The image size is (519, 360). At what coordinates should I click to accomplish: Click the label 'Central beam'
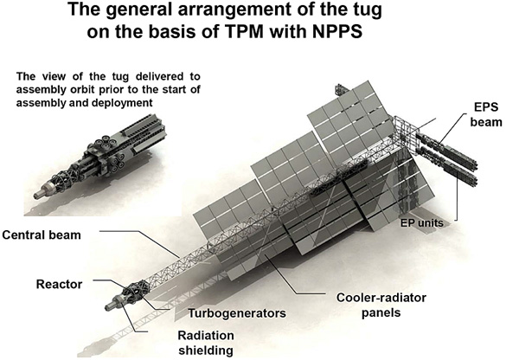click(x=42, y=235)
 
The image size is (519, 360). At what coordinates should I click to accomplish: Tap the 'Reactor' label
click(x=59, y=284)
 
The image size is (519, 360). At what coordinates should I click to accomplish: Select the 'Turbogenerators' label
click(x=237, y=313)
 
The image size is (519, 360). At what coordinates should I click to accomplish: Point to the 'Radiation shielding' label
click(x=206, y=343)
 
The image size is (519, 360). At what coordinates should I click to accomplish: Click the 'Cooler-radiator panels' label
click(x=381, y=305)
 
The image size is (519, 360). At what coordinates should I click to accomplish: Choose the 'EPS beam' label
click(x=486, y=114)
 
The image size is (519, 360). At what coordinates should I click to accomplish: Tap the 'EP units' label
click(x=422, y=222)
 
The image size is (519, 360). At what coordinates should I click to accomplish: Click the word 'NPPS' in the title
click(x=337, y=32)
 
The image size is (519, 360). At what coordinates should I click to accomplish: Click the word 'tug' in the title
click(x=365, y=10)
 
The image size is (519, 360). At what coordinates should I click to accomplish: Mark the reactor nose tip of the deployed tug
click(x=107, y=308)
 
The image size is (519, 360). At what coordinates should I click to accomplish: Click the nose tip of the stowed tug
click(x=36, y=196)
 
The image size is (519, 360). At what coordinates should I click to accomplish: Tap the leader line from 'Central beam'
click(x=139, y=244)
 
